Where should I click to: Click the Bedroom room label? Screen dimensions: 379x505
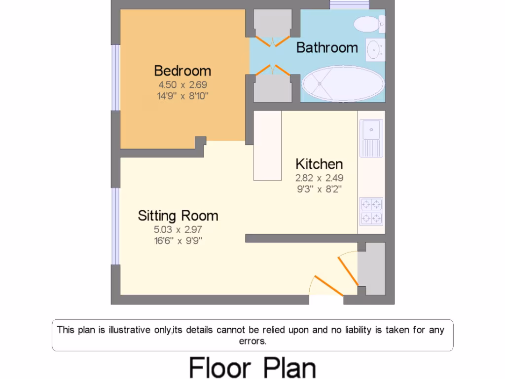pos(182,71)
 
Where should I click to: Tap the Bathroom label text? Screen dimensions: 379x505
pos(327,47)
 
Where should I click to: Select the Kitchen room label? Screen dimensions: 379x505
pos(319,164)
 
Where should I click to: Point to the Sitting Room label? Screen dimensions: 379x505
pos(178,216)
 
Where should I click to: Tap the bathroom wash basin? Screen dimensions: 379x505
pos(375,49)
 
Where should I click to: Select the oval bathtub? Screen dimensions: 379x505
pos(343,84)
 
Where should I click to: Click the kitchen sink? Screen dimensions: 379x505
pos(371,131)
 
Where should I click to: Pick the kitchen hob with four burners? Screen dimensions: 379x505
pos(371,211)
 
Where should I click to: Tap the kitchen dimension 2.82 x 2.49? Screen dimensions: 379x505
pos(319,178)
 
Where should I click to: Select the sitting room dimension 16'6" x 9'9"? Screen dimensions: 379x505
pos(178,241)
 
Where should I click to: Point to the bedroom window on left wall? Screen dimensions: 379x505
pos(115,77)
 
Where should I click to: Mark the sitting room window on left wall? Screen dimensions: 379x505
pos(115,226)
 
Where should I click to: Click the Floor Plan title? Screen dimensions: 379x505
pos(252,367)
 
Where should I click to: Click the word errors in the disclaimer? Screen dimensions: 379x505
pos(252,341)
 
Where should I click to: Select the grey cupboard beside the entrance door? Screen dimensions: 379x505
pos(371,269)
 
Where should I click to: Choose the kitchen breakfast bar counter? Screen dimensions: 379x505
pos(267,146)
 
